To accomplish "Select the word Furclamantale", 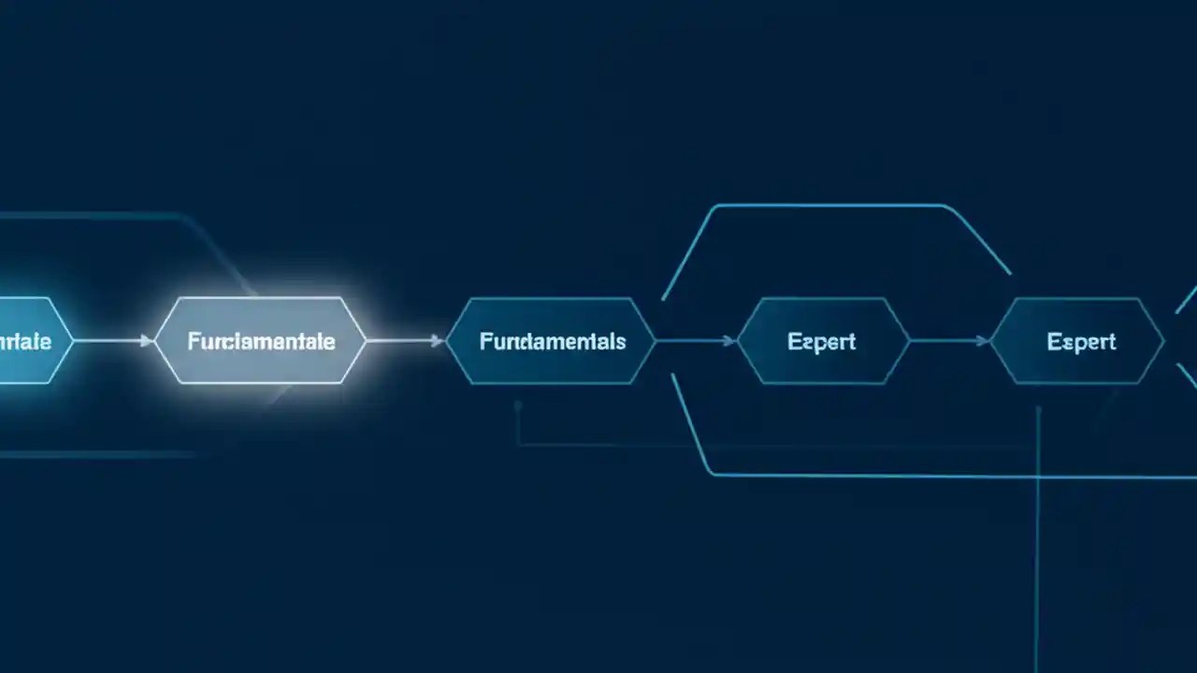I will pyautogui.click(x=261, y=341).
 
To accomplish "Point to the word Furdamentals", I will pyautogui.click(x=552, y=341).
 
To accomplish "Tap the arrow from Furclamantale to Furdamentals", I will pyautogui.click(x=404, y=341).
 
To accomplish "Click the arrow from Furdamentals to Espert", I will pyautogui.click(x=697, y=341).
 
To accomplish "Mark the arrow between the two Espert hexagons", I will pyautogui.click(x=949, y=341).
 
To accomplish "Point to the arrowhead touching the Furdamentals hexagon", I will pyautogui.click(x=438, y=341).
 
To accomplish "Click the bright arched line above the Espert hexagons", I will pyautogui.click(x=832, y=206).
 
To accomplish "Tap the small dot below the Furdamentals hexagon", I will pyautogui.click(x=517, y=406).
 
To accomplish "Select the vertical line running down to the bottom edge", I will pyautogui.click(x=1037, y=542).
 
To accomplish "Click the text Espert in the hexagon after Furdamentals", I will pyautogui.click(x=821, y=341).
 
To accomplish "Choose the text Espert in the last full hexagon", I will pyautogui.click(x=1081, y=341).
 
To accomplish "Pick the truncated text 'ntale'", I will pyautogui.click(x=25, y=341).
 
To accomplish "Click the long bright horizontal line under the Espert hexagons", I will pyautogui.click(x=935, y=476).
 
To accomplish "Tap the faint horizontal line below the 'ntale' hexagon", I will pyautogui.click(x=94, y=455).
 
